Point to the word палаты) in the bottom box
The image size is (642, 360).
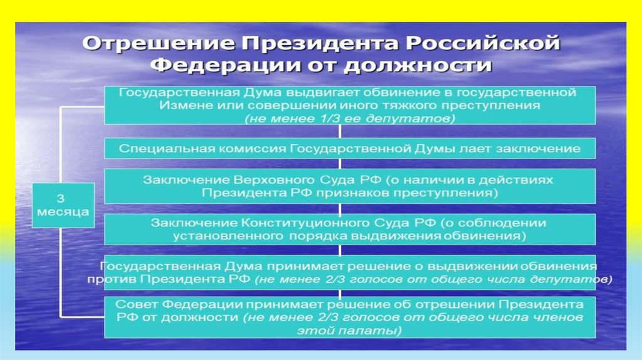click(x=377, y=330)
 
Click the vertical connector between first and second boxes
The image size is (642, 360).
click(x=340, y=131)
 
